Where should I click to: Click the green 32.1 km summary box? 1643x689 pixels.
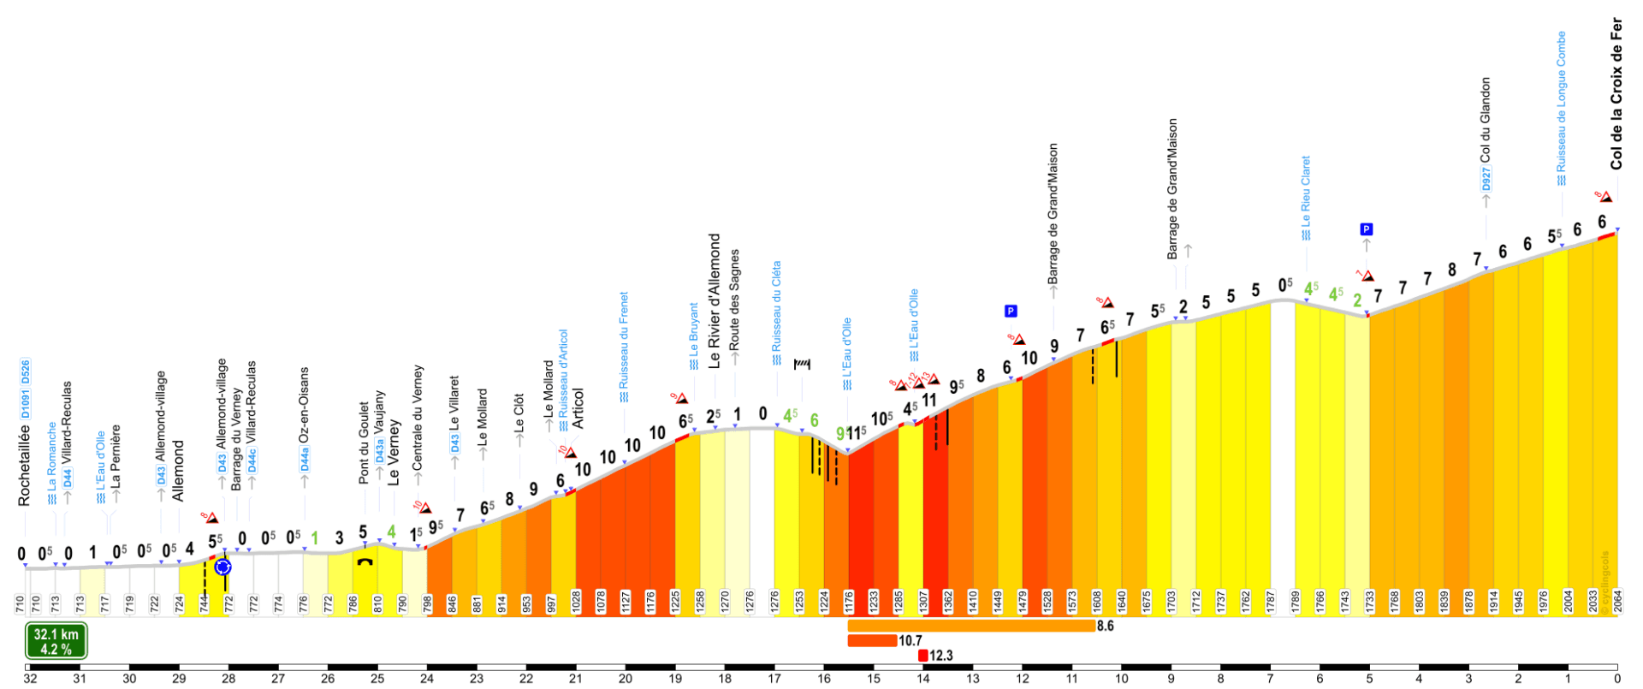coord(56,641)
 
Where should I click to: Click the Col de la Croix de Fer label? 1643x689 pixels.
coord(1616,94)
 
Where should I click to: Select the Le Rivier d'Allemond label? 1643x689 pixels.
coord(715,301)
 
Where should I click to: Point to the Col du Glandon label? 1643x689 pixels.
coord(1486,120)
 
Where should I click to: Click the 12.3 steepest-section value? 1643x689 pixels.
coord(940,656)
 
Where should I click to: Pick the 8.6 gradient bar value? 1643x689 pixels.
coord(1105,626)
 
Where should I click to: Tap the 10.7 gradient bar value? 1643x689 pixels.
coord(910,640)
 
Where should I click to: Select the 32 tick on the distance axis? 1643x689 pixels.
coord(31,679)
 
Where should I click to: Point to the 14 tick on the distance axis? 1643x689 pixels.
coord(923,679)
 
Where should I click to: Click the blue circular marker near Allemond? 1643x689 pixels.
coord(223,567)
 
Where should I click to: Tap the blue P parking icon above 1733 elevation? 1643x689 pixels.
coord(1366,229)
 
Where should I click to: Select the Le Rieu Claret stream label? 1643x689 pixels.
coord(1306,192)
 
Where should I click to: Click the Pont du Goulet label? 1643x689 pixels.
coord(364,443)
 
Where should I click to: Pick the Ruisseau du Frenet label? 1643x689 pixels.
coord(624,341)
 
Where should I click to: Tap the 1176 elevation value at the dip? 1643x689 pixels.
coord(849,601)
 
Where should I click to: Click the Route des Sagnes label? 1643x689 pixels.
coord(734,299)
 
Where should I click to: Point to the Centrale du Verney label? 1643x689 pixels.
coord(418,417)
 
